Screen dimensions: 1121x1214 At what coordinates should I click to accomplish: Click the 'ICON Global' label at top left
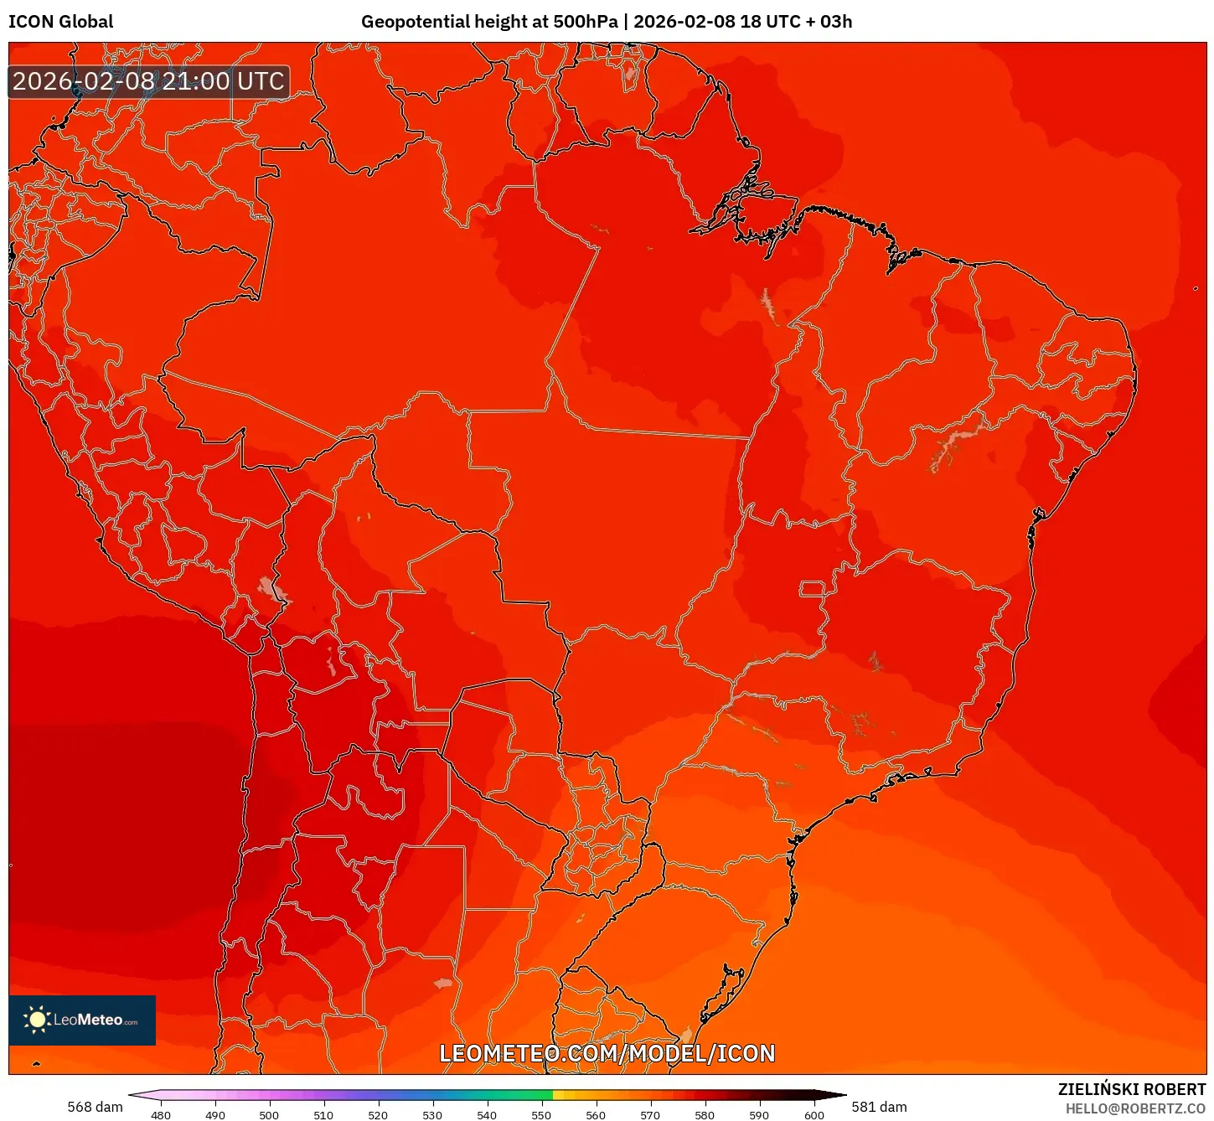pyautogui.click(x=60, y=22)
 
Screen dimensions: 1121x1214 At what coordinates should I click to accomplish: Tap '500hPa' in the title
pyautogui.click(x=585, y=22)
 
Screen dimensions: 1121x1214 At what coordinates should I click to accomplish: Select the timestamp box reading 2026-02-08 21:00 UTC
pyautogui.click(x=148, y=81)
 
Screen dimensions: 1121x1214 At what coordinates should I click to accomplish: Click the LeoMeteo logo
pyautogui.click(x=82, y=1020)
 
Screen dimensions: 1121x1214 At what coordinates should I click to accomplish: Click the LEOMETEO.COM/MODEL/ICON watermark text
pyautogui.click(x=607, y=1053)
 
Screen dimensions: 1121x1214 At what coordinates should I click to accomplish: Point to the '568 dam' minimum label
pyautogui.click(x=95, y=1107)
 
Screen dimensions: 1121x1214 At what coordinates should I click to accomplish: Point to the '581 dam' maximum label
pyautogui.click(x=879, y=1107)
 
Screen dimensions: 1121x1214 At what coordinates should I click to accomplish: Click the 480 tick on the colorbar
pyautogui.click(x=160, y=1115)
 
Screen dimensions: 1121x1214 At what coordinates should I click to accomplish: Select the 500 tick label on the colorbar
pyautogui.click(x=269, y=1115)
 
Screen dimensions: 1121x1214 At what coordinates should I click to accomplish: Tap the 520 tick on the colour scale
pyautogui.click(x=378, y=1115)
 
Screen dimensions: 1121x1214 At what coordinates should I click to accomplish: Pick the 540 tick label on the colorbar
pyautogui.click(x=487, y=1115)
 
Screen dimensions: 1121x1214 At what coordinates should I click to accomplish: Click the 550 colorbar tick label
pyautogui.click(x=541, y=1115)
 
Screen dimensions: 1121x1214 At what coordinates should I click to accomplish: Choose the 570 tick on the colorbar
pyautogui.click(x=650, y=1115)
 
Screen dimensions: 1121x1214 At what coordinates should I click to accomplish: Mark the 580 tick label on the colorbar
pyautogui.click(x=705, y=1115)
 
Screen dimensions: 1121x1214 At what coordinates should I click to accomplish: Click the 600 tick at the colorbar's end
pyautogui.click(x=814, y=1115)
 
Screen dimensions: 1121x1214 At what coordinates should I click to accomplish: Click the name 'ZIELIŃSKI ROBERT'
pyautogui.click(x=1131, y=1089)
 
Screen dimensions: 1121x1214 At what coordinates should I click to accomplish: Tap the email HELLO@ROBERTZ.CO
pyautogui.click(x=1135, y=1108)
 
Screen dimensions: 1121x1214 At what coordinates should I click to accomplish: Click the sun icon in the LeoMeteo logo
pyautogui.click(x=37, y=1019)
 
